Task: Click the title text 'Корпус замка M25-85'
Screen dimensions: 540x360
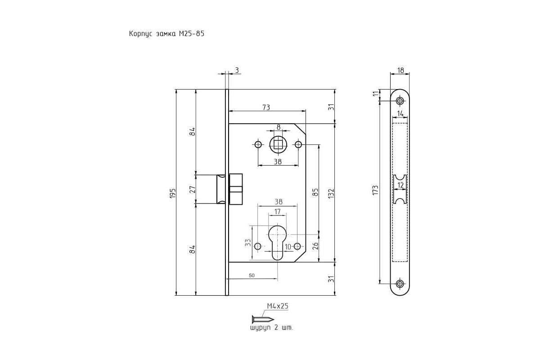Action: (166, 34)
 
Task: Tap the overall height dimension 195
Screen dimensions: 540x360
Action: (173, 193)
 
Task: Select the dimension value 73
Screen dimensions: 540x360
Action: (266, 107)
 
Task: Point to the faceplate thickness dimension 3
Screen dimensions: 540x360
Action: (237, 70)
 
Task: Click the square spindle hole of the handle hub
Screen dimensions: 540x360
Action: (278, 145)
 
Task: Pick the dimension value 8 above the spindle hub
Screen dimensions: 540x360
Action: (279, 127)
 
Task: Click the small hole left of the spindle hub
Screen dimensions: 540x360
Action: (258, 145)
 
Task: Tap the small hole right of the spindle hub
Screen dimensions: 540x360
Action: (298, 145)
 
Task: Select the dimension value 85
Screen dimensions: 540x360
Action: (315, 192)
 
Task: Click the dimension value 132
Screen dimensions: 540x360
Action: (332, 193)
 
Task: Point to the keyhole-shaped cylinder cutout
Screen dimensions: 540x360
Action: (278, 243)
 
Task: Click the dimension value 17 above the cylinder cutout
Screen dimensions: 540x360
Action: (278, 211)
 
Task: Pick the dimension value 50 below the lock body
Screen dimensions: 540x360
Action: (252, 275)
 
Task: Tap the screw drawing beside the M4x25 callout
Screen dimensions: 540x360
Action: (263, 319)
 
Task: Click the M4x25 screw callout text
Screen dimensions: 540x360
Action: (278, 306)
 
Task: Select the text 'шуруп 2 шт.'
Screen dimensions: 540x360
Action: (272, 328)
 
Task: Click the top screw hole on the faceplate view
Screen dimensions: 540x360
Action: (400, 101)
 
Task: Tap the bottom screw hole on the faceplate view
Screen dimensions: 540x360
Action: (400, 283)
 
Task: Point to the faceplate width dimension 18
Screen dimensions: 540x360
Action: (400, 70)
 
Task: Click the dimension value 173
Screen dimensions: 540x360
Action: (375, 190)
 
